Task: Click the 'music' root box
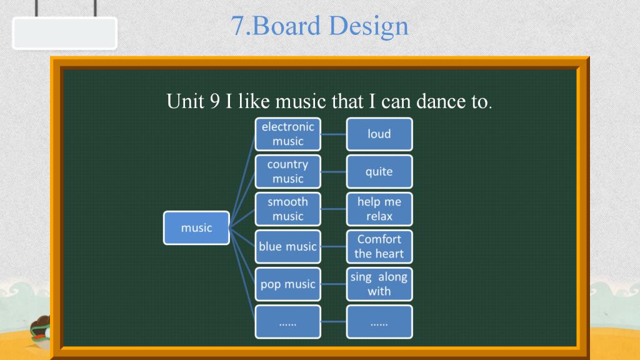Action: tap(196, 227)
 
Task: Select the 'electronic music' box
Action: tap(287, 134)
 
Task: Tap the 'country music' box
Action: tap(287, 171)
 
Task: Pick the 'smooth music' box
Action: tap(287, 209)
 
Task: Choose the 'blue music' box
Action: tap(287, 246)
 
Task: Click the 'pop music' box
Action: tap(287, 284)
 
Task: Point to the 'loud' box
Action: tap(379, 134)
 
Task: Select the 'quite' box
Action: tap(379, 171)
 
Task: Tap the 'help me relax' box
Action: tap(379, 209)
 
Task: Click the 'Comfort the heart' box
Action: tap(379, 246)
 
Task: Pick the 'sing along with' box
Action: tap(379, 284)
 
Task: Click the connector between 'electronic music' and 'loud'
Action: tap(334, 134)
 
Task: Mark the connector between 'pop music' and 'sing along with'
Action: tap(334, 284)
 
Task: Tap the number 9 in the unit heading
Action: tap(215, 101)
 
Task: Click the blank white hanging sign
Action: tap(65, 33)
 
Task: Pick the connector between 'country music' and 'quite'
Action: tap(334, 171)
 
